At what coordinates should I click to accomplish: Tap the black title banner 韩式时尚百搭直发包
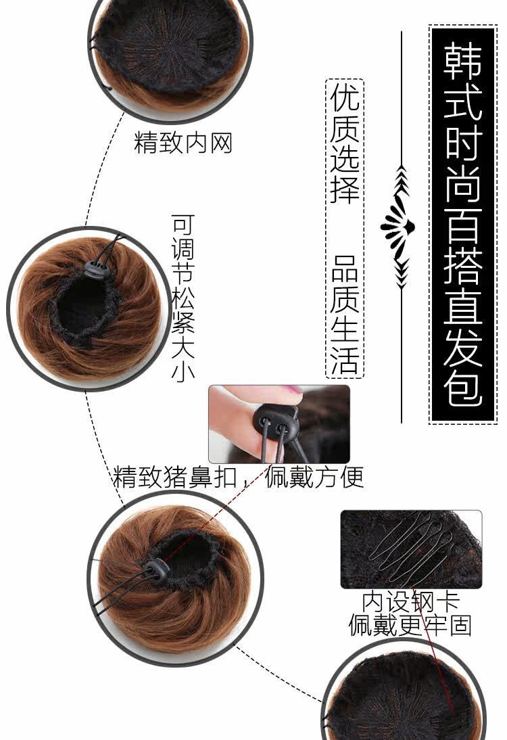coord(463,225)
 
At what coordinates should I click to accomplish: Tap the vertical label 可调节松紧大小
coord(183,298)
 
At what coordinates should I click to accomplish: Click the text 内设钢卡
coord(410,601)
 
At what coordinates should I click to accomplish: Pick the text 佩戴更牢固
coord(410,626)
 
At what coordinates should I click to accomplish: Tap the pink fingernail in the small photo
coord(292,392)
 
